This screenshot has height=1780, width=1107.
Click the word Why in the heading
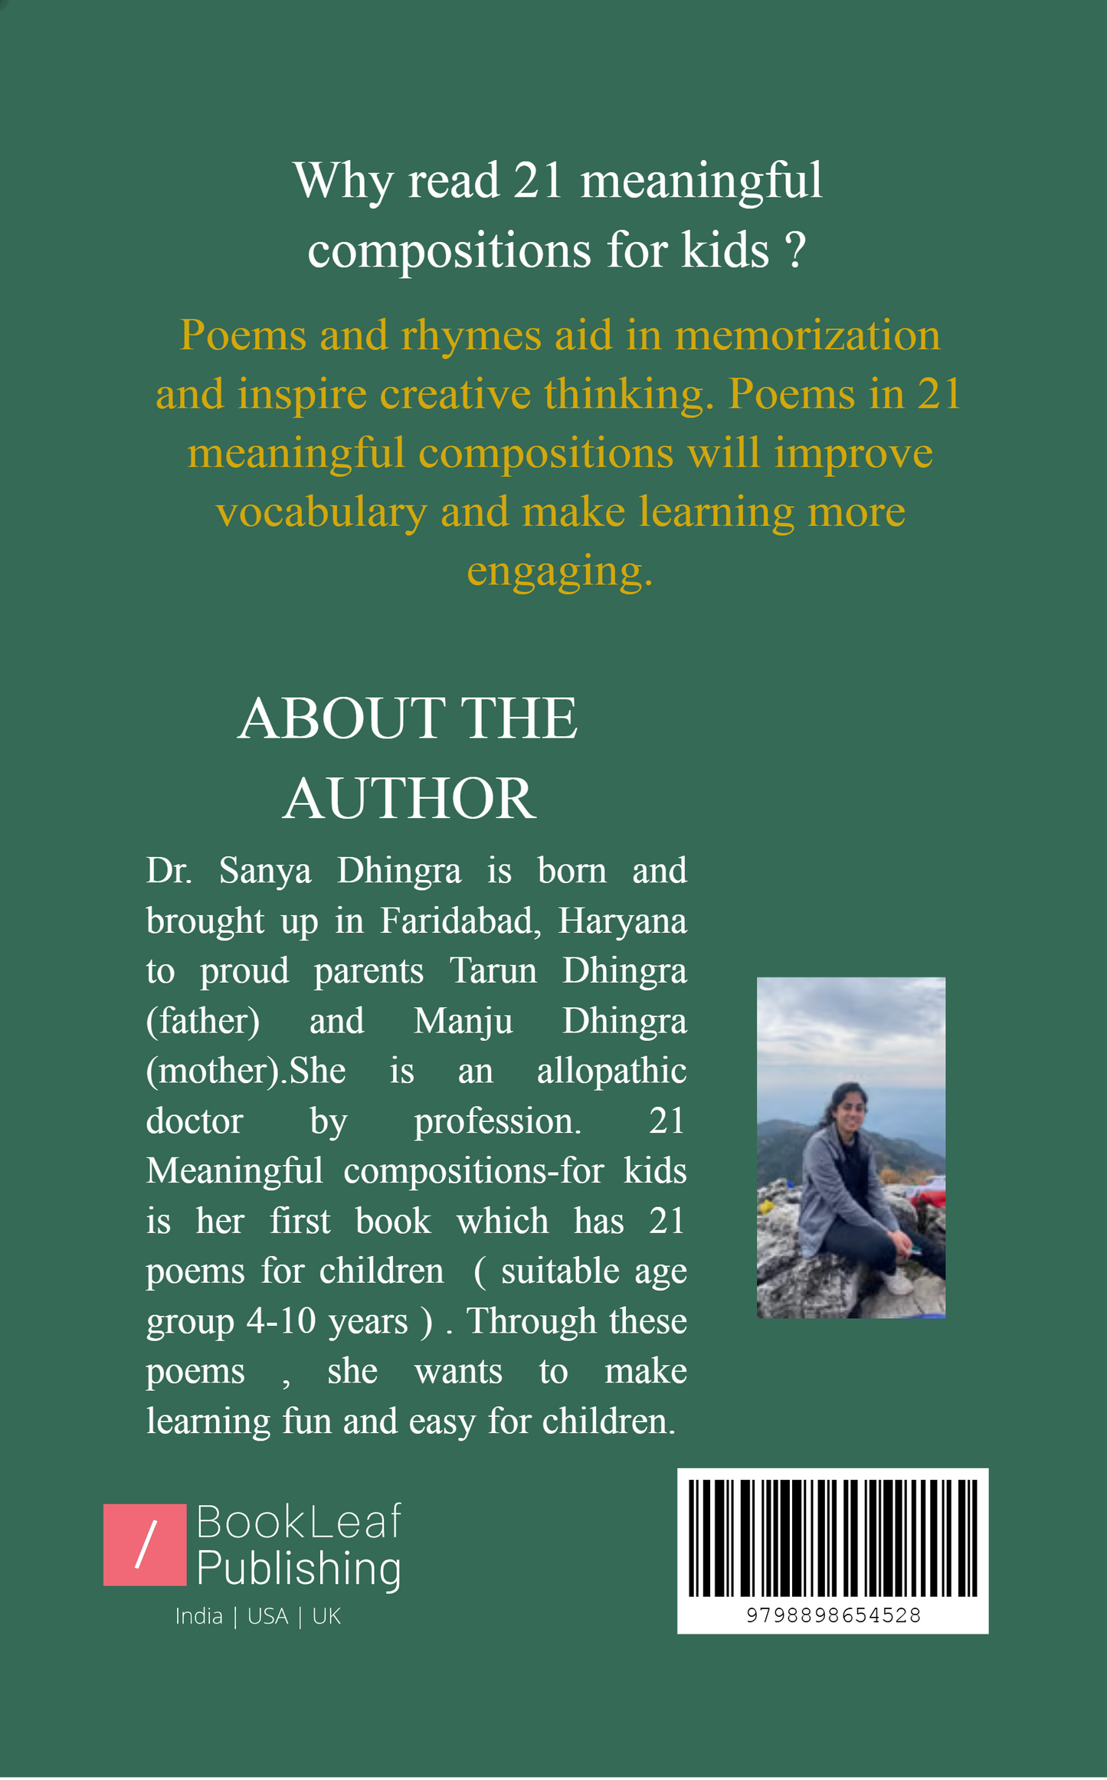342,182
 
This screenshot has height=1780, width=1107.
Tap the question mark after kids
796,250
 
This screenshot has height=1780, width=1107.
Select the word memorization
807,335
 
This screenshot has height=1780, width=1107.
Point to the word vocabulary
321,512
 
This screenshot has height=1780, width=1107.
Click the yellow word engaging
560,571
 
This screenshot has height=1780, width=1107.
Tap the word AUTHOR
409,799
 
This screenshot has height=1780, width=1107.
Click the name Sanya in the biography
265,871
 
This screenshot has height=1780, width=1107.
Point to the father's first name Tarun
493,970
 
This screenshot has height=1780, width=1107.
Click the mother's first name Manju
463,1021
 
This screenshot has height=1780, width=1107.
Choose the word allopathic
611,1071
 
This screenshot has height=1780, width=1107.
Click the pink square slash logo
145,1545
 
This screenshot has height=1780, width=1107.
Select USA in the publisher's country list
267,1616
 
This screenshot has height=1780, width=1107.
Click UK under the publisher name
326,1616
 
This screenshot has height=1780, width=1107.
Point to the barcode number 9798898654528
833,1615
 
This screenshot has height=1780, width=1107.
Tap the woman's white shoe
897,1281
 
